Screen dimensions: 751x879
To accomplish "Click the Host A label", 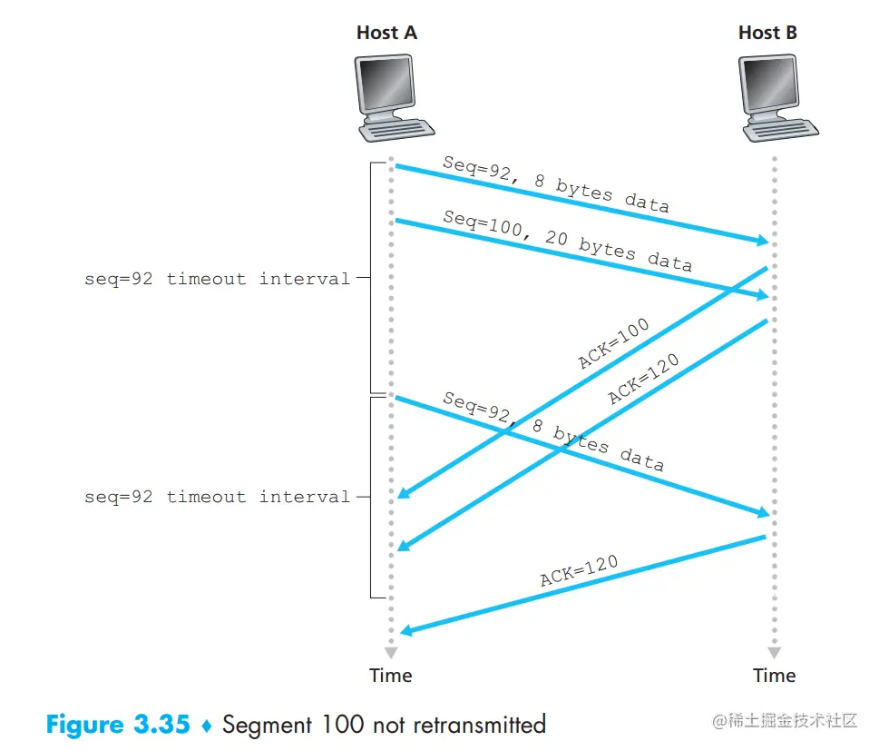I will [x=386, y=33].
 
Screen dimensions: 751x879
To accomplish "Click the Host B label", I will [x=767, y=33].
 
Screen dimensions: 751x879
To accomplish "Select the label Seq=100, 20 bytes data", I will [x=567, y=241].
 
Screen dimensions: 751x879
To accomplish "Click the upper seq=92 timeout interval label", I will [x=217, y=279].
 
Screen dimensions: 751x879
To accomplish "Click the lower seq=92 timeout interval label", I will [x=217, y=497].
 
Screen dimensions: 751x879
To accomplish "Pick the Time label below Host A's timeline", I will [x=391, y=676].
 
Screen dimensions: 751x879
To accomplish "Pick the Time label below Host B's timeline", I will [x=774, y=676].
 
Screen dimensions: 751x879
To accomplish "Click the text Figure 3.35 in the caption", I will [x=118, y=725].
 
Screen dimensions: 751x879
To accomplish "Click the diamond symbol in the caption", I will [x=206, y=726].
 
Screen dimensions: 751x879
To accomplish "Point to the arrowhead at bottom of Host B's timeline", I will [x=774, y=652].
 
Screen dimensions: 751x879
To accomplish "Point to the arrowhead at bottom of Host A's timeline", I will [x=391, y=652].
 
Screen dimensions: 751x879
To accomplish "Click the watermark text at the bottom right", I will [x=785, y=721].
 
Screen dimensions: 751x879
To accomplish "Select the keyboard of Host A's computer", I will [x=396, y=129].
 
